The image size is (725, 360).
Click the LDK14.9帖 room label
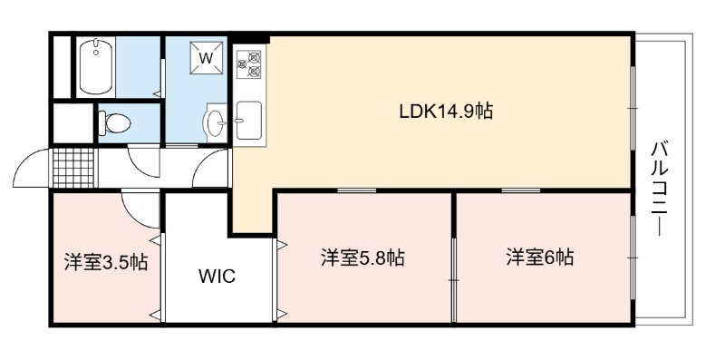(x=446, y=112)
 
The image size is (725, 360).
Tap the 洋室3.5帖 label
(x=106, y=262)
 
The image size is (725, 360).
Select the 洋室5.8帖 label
(x=362, y=258)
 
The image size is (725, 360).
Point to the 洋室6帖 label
(x=539, y=258)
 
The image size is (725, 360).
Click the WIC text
(x=217, y=277)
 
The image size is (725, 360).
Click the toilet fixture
(x=114, y=123)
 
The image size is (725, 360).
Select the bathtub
(x=96, y=67)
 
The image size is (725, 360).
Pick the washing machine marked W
(x=207, y=58)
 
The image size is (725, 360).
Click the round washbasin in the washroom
(x=215, y=122)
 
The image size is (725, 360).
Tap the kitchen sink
(x=248, y=121)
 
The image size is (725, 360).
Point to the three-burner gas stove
(x=248, y=63)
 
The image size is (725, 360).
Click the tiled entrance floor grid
(x=73, y=168)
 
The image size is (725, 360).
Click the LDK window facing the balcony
(x=633, y=108)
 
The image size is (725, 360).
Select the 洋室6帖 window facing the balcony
(x=633, y=258)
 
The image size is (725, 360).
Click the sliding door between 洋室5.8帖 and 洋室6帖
(x=454, y=280)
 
